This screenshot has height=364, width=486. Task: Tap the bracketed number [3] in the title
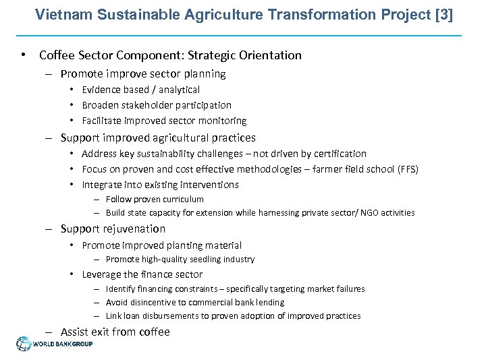[x=445, y=14]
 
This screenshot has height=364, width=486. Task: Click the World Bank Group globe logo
[x=24, y=344]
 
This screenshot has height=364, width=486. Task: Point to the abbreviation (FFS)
[x=405, y=169]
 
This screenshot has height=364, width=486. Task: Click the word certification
[x=338, y=154]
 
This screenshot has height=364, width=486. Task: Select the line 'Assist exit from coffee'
[x=115, y=332]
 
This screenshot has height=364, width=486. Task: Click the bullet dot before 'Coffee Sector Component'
[x=24, y=55]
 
